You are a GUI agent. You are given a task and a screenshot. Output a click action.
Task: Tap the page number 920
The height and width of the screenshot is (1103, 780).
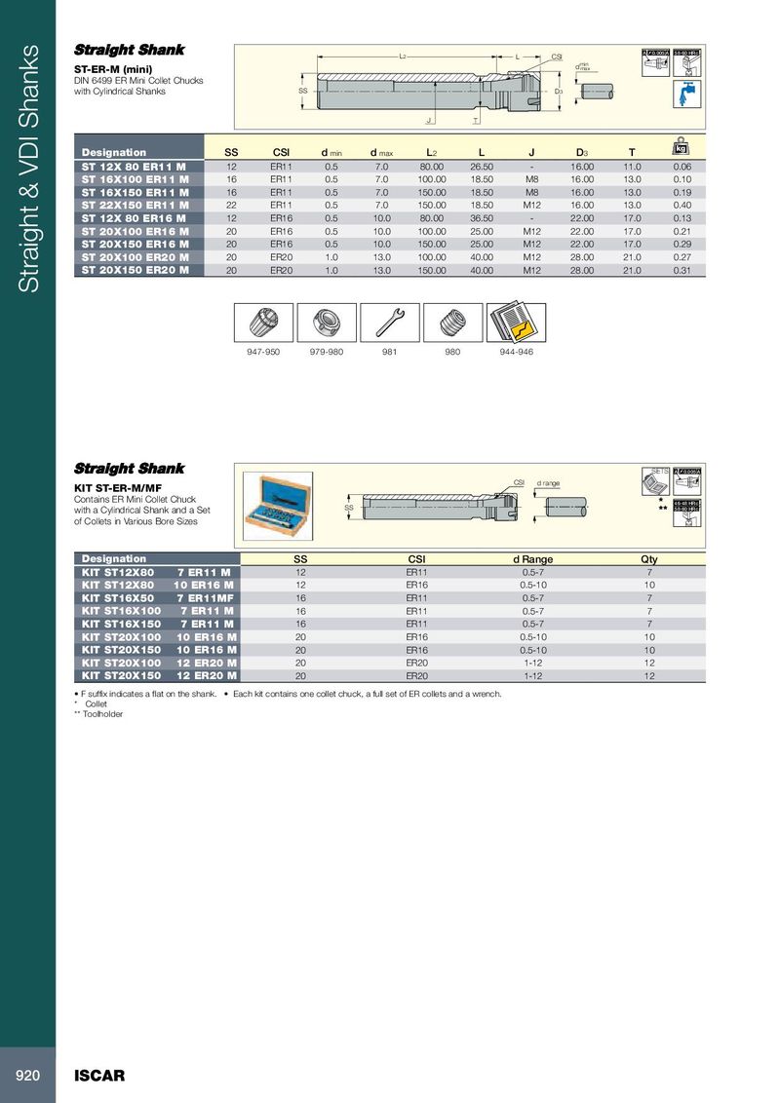point(27,1076)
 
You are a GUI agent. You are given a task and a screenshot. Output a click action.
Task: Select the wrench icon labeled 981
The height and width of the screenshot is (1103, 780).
point(389,322)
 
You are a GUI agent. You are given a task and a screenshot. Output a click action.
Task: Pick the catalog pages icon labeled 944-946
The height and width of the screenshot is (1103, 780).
point(516,322)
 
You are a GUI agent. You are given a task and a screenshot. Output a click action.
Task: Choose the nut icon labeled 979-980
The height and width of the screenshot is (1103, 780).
point(326,322)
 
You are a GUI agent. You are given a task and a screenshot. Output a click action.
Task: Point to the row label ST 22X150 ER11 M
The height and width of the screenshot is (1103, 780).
point(136,206)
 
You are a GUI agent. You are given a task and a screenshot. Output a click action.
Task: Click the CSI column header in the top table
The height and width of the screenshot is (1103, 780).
point(281,152)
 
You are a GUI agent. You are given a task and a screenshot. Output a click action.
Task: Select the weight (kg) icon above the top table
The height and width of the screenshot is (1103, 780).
point(681,148)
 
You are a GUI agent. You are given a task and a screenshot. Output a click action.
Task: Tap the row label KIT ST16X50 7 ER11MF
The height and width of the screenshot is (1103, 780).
point(156,597)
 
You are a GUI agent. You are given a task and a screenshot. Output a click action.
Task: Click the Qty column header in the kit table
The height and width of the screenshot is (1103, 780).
point(649,559)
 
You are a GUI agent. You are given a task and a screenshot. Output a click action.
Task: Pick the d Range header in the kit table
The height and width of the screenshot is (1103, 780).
point(532,559)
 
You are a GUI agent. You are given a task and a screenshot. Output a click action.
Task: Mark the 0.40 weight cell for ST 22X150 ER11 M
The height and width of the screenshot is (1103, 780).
point(682,206)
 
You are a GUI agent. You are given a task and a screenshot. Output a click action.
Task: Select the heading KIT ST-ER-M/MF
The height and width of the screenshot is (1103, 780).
point(112,488)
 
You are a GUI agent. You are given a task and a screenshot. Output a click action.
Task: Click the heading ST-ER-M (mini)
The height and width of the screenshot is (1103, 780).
point(113,69)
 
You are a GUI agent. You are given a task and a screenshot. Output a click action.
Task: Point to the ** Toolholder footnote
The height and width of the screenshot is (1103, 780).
point(99,714)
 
